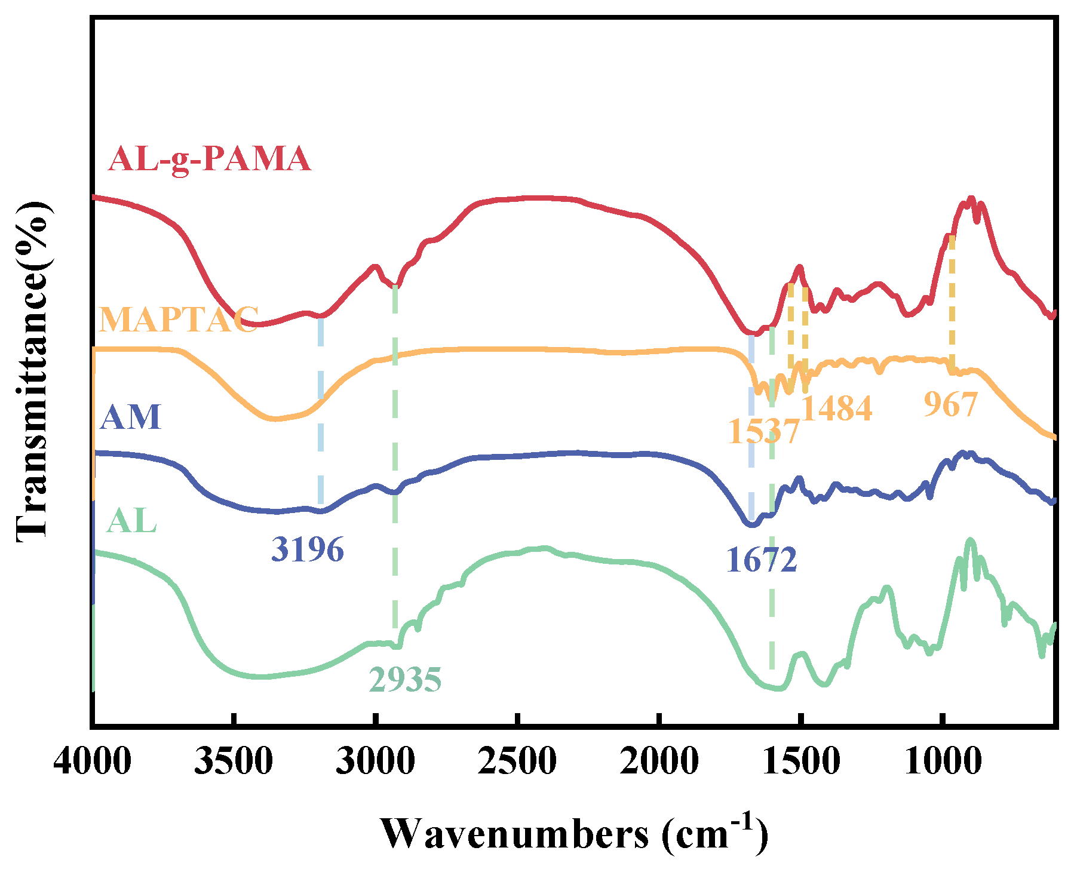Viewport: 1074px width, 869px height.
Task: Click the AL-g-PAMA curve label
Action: point(210,159)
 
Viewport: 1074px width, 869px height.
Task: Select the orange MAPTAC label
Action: point(179,320)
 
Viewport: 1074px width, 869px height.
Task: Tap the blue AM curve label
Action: point(131,417)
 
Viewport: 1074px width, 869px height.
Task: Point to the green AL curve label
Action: point(131,521)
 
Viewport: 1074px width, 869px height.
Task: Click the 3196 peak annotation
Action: point(308,549)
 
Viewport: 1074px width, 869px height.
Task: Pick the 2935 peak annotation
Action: point(405,680)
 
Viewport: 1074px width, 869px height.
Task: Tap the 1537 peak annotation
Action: point(763,431)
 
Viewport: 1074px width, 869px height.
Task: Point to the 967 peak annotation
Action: point(950,405)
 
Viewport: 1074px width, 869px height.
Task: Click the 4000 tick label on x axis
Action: point(93,763)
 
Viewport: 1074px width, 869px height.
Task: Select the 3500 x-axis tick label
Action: point(234,763)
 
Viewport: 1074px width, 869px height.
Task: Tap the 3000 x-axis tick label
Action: point(375,763)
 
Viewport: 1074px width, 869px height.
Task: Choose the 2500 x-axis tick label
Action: point(517,763)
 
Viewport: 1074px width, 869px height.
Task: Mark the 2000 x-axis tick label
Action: point(658,763)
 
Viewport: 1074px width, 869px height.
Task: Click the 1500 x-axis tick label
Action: point(800,763)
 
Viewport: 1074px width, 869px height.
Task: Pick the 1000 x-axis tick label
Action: point(942,763)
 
